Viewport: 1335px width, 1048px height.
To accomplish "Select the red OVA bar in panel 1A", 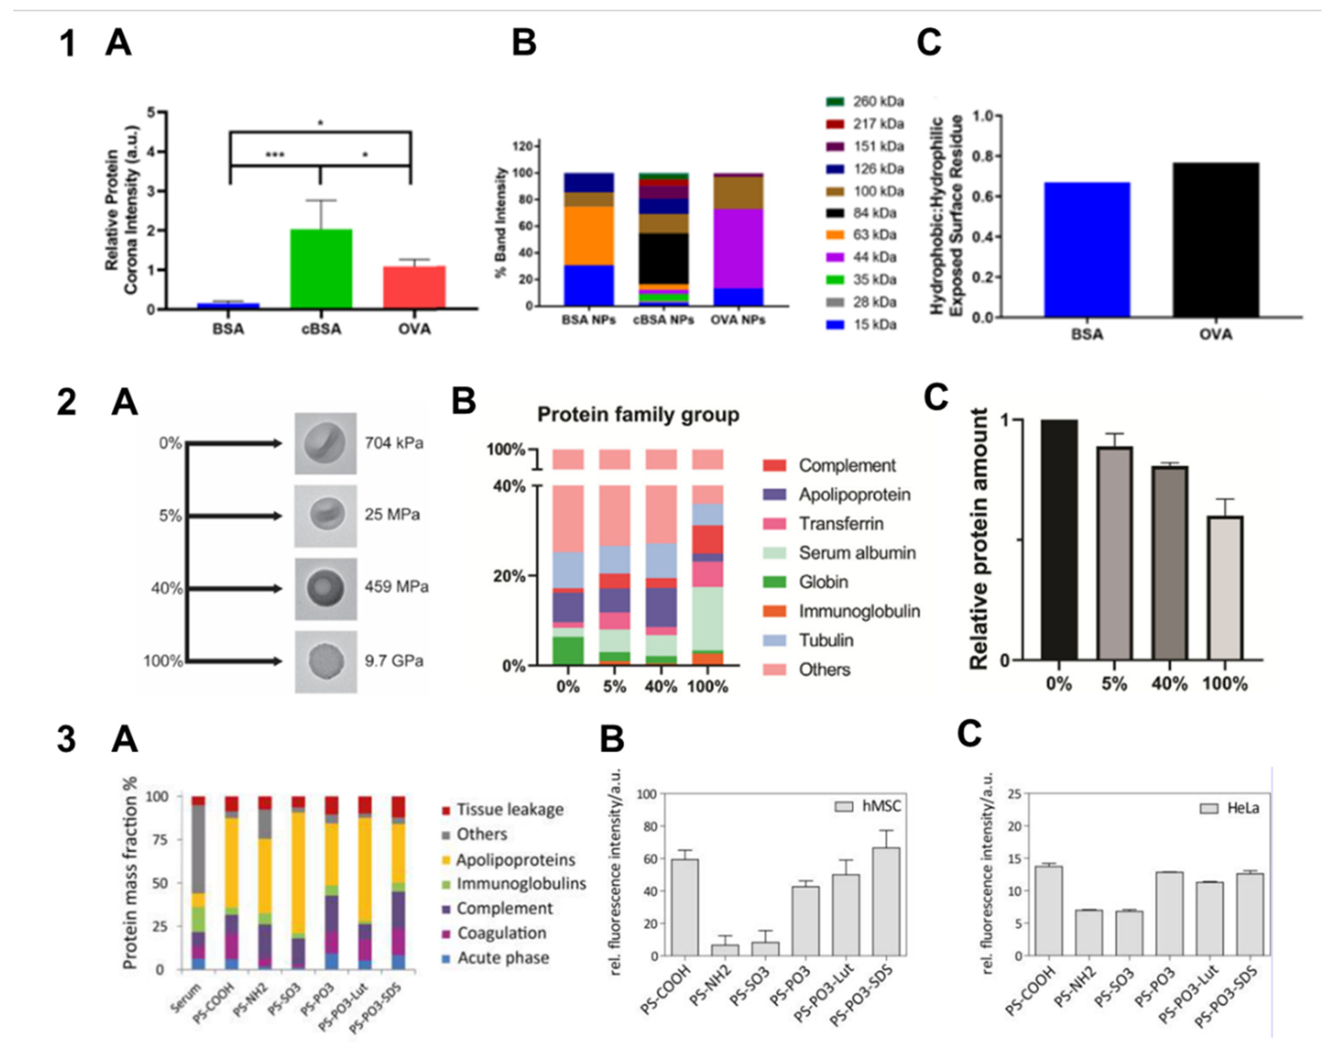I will pos(414,287).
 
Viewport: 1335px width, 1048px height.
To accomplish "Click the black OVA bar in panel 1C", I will pos(1215,240).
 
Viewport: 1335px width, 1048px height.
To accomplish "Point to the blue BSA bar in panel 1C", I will pos(1087,250).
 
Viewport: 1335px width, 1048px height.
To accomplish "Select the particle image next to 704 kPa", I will pos(325,443).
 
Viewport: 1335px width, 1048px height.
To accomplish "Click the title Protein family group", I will pos(638,415).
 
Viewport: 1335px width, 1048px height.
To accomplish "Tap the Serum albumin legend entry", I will pos(857,553).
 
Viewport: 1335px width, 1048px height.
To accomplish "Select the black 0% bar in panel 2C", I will pos(1059,540).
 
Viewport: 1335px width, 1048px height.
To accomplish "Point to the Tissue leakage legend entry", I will pos(509,809).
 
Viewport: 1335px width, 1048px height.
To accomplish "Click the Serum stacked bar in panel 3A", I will pos(198,884).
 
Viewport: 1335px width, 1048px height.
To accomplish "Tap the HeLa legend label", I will pos(1242,808).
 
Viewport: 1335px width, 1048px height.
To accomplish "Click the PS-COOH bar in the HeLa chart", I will pos(1048,911).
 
